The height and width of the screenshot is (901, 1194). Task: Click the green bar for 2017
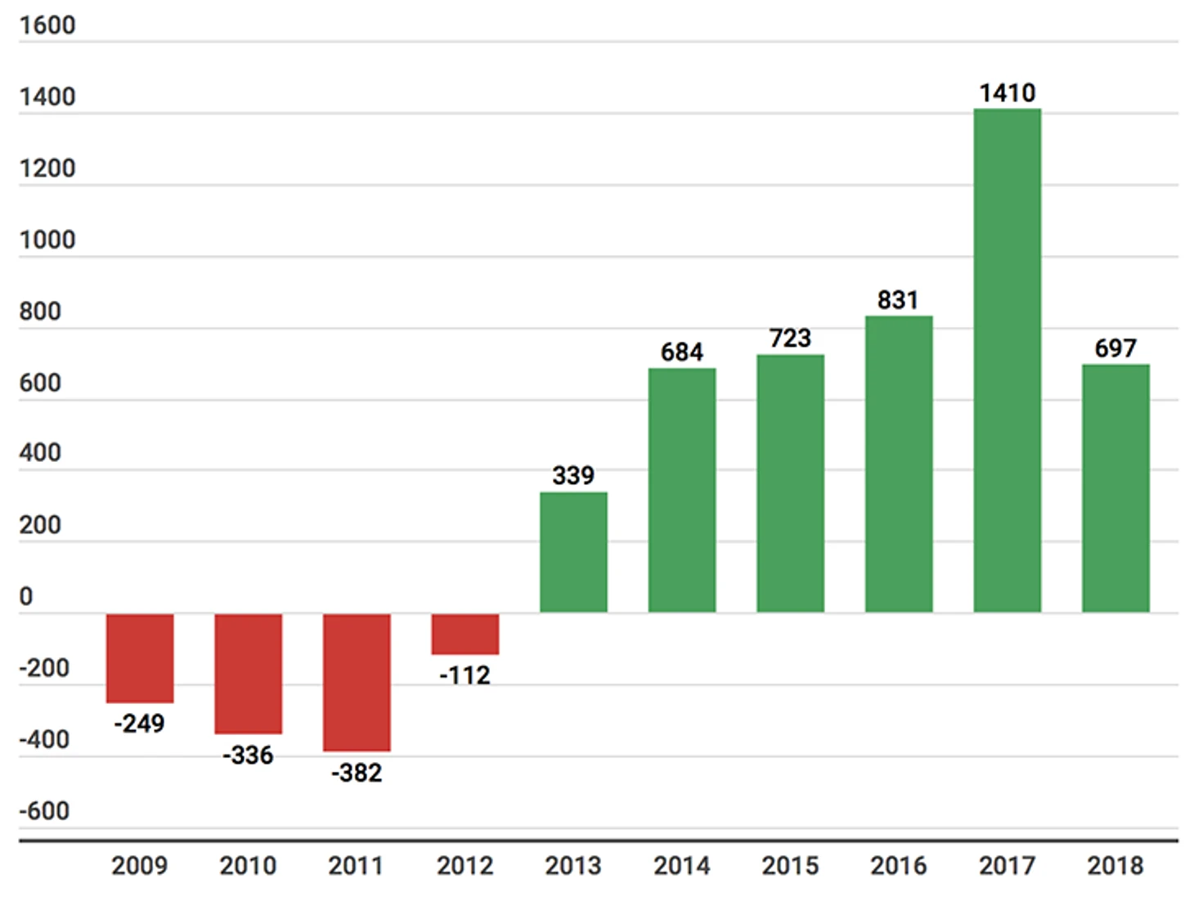(1007, 360)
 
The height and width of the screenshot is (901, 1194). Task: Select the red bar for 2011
(357, 682)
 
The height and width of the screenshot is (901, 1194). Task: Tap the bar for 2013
(573, 552)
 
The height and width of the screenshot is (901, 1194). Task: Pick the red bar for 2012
(465, 634)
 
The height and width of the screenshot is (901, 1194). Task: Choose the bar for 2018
(1115, 488)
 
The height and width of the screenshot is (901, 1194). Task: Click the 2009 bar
(140, 657)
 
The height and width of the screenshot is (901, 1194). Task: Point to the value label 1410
(1008, 93)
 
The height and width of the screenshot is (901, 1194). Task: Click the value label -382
(357, 773)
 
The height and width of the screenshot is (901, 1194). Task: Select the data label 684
(682, 352)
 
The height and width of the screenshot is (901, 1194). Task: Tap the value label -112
(465, 675)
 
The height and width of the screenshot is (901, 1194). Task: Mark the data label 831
(898, 300)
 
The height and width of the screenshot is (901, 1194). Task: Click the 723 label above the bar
(790, 338)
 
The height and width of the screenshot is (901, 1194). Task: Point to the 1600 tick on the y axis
(47, 25)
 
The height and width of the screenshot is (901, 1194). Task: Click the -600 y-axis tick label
(44, 811)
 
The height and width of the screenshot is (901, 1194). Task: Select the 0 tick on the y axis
(26, 596)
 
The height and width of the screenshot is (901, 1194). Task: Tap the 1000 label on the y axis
(47, 240)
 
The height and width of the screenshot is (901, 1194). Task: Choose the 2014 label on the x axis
(682, 865)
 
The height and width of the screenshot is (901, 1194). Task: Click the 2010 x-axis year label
(248, 865)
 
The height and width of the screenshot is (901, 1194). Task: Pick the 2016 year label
(898, 865)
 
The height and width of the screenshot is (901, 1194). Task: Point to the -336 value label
(248, 755)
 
